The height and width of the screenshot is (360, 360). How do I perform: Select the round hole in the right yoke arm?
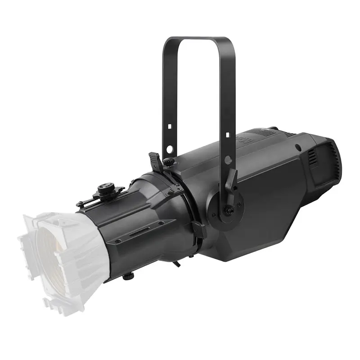point(228,159)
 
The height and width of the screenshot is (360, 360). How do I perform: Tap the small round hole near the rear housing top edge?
point(297,147)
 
